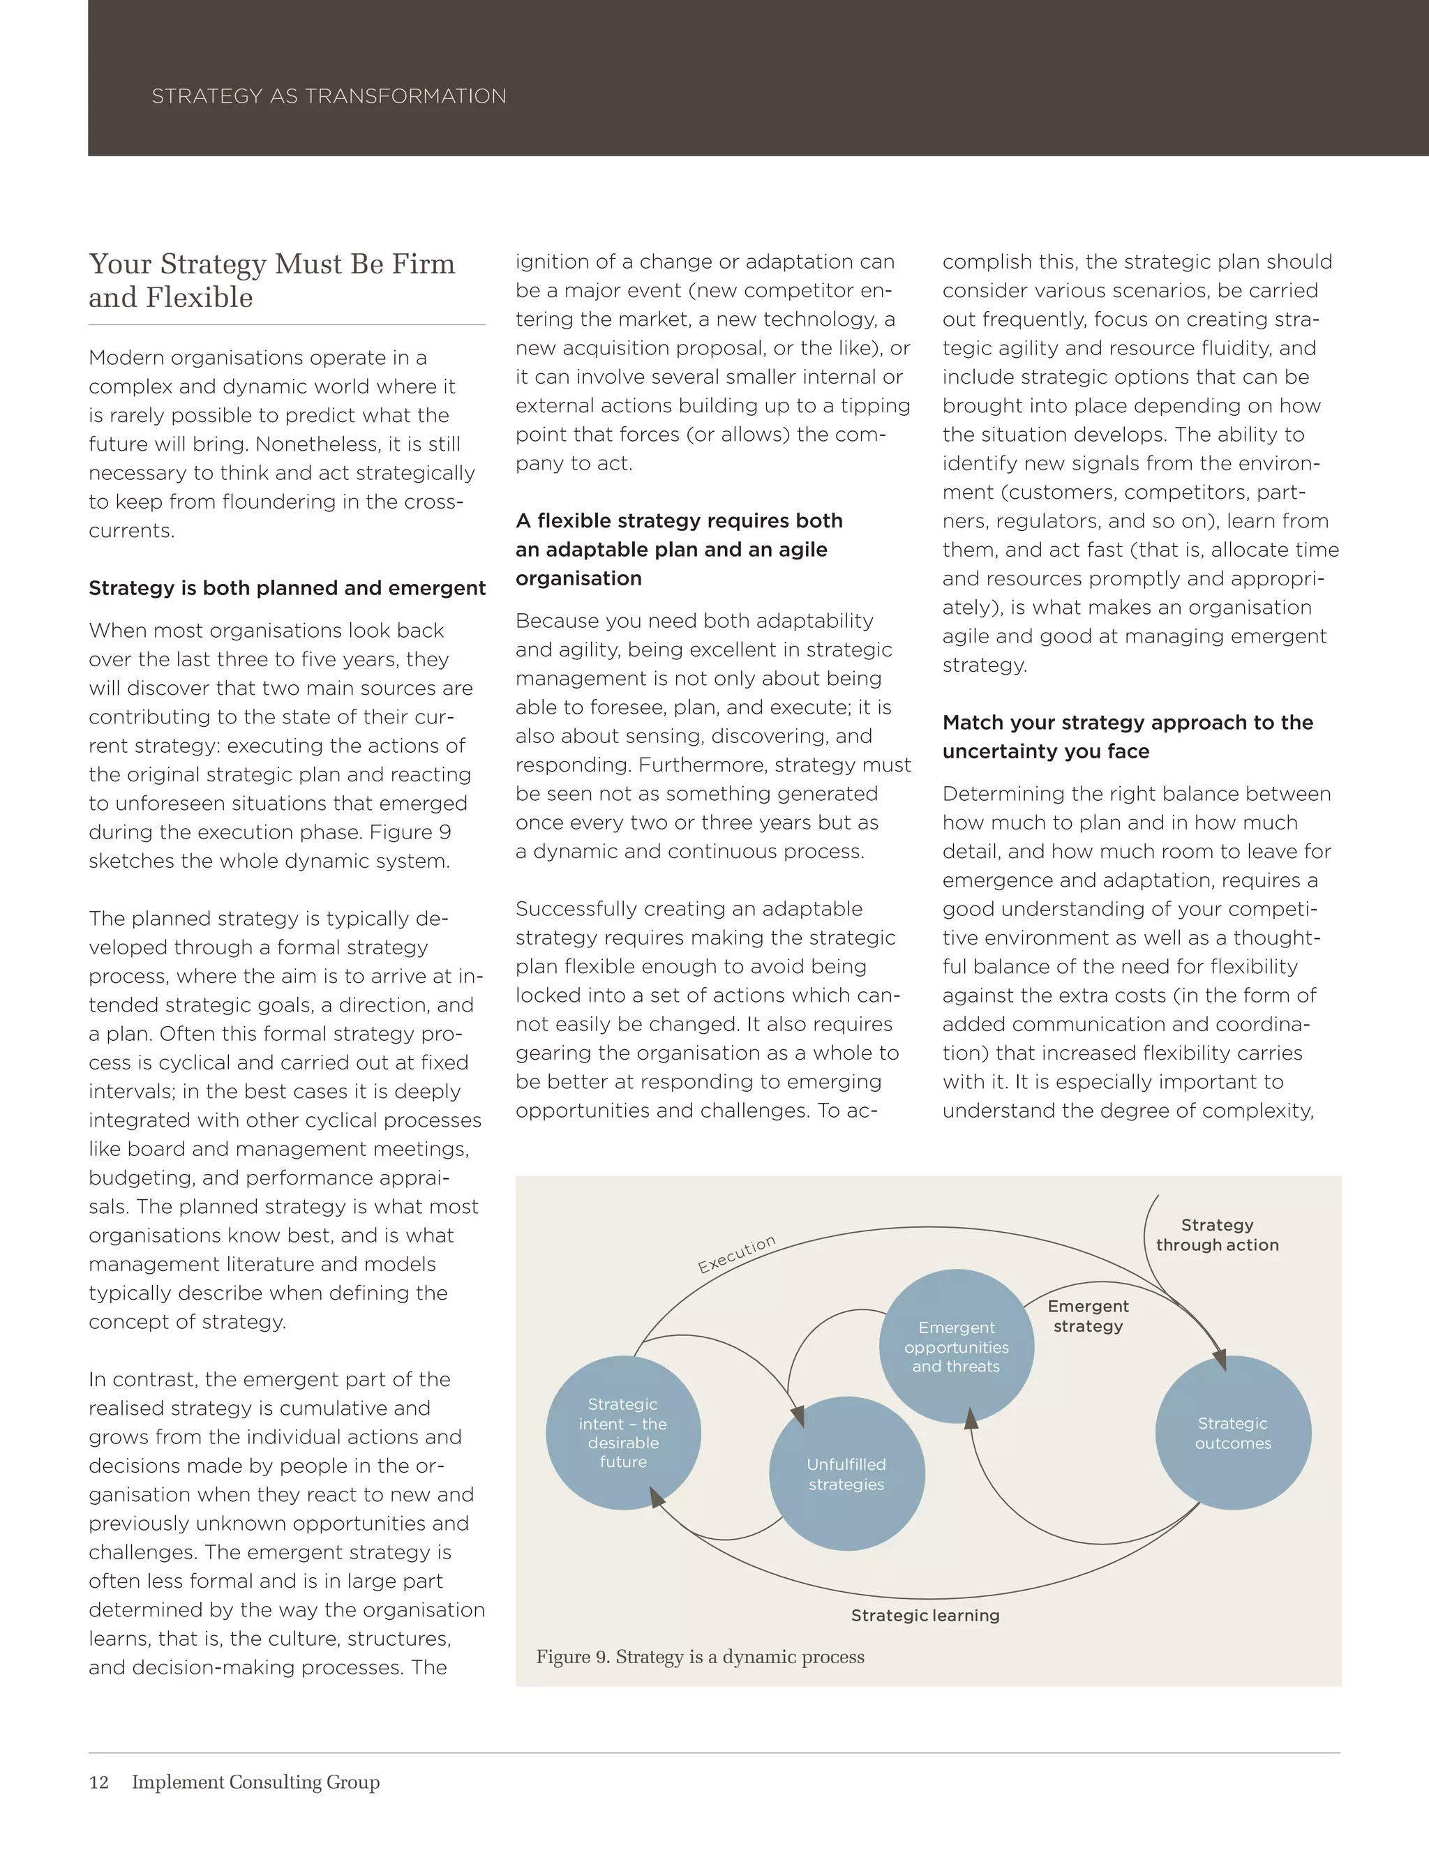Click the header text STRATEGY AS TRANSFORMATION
(329, 96)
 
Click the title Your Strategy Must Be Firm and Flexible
(271, 280)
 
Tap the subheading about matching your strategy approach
(1127, 737)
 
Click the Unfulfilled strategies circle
(846, 1474)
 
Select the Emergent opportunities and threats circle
(956, 1346)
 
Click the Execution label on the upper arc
(737, 1254)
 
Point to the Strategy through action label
(1216, 1235)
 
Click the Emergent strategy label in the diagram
(1088, 1316)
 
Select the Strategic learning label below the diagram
(925, 1615)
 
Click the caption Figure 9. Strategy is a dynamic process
(699, 1657)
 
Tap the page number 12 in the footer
(98, 1782)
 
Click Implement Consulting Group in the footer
(255, 1782)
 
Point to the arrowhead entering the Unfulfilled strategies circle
(797, 1416)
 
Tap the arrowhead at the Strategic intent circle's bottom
(657, 1498)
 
